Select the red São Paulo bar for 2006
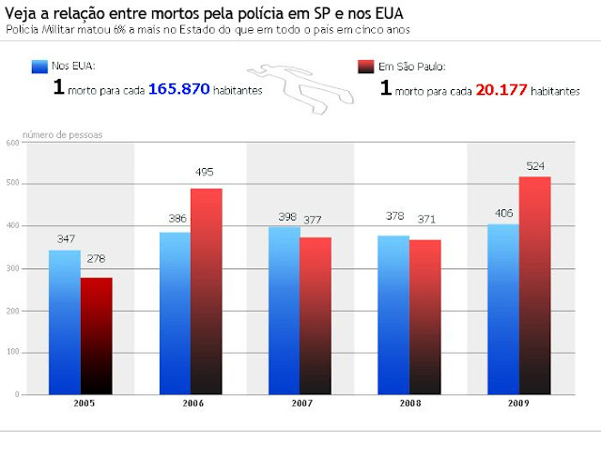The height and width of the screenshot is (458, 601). (x=207, y=291)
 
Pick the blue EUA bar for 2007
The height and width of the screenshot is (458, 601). (x=284, y=310)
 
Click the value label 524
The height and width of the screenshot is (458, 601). (x=536, y=166)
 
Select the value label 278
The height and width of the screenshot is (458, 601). (x=97, y=258)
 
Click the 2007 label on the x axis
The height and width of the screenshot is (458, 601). (x=300, y=404)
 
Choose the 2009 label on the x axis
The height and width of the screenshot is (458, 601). (x=519, y=404)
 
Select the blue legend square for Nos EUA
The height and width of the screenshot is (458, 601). (x=39, y=68)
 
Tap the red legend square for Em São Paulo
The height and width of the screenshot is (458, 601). (x=366, y=68)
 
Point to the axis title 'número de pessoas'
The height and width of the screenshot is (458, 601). (x=62, y=134)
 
